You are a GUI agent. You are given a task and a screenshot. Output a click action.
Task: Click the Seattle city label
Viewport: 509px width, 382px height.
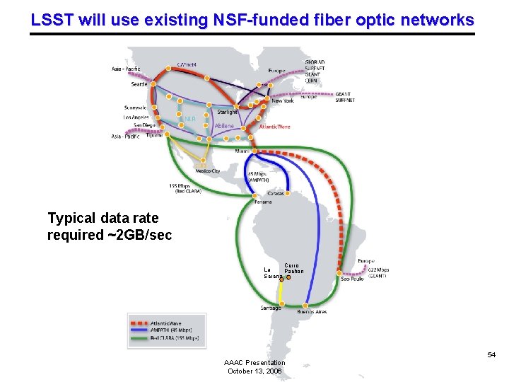[139, 84]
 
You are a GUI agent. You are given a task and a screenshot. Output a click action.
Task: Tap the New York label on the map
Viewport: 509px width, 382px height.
[283, 101]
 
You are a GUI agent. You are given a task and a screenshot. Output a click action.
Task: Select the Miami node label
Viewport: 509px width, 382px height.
[242, 151]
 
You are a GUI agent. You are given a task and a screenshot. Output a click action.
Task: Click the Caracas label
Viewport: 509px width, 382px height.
[276, 193]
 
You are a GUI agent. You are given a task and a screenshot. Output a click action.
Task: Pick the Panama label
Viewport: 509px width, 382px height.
[263, 202]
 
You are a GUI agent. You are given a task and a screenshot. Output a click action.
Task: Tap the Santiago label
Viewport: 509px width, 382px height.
[271, 308]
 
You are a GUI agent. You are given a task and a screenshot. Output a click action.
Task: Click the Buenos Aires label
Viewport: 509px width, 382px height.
[312, 311]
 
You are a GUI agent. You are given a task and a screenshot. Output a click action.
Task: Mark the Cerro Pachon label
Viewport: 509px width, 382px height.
[293, 267]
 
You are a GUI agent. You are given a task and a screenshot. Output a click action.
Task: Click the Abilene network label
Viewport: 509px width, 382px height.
[224, 126]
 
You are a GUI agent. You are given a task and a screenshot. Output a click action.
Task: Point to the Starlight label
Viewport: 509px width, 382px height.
[228, 112]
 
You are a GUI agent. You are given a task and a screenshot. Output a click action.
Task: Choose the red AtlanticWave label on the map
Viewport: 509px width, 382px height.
[274, 127]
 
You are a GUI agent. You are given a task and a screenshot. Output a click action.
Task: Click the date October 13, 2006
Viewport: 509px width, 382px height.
[255, 371]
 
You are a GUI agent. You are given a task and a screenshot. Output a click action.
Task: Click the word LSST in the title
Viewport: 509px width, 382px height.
[52, 20]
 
